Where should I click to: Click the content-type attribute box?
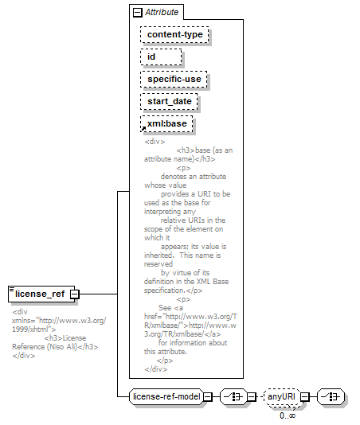(x=174, y=35)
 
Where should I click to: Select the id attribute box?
(x=161, y=57)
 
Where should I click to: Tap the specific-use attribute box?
(x=174, y=79)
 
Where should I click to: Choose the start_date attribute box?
(x=169, y=101)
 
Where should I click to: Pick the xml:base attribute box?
(x=166, y=124)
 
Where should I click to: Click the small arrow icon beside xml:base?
(x=143, y=128)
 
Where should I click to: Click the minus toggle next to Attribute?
(x=138, y=13)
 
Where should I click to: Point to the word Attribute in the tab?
(x=162, y=12)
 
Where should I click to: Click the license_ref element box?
(x=41, y=294)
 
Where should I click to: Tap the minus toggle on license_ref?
(x=75, y=294)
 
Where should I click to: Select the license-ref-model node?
(x=166, y=397)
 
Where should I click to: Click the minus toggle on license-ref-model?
(x=208, y=397)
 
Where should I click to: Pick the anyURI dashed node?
(x=281, y=397)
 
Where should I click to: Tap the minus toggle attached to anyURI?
(x=305, y=397)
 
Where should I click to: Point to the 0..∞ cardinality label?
(x=288, y=415)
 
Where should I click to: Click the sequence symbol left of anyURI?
(x=233, y=397)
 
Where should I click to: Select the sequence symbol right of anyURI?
(x=331, y=397)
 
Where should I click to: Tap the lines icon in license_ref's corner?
(x=12, y=290)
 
